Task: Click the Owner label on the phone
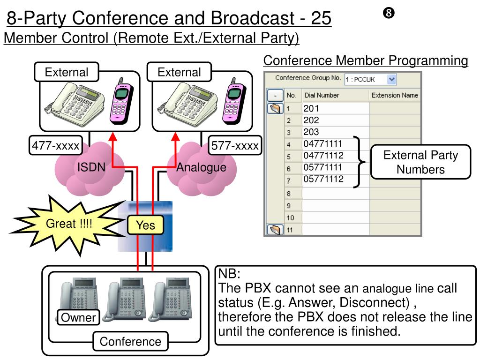78,317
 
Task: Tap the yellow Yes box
145,225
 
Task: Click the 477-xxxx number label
56,145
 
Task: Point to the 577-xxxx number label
235,145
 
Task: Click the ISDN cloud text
91,167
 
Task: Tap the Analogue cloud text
201,167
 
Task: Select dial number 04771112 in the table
323,156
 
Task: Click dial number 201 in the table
311,108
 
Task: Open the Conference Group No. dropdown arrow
391,79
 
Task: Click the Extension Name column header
395,95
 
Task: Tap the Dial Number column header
322,95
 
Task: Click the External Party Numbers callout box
420,162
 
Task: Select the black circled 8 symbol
389,13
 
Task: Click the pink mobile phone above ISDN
121,101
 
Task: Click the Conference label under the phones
130,341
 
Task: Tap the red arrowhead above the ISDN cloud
113,136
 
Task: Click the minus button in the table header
275,95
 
